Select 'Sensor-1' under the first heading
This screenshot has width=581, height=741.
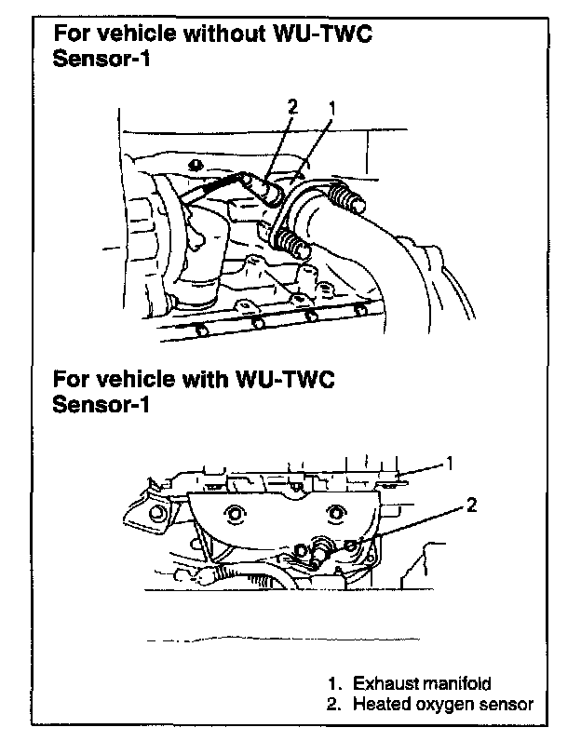[x=101, y=59]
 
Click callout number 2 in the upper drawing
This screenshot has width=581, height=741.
[x=291, y=107]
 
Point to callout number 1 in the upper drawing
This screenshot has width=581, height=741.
[x=331, y=107]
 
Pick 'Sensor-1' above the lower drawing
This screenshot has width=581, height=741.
[x=101, y=406]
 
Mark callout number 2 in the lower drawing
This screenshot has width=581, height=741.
[x=471, y=505]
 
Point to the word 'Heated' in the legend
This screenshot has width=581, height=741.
[x=379, y=704]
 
